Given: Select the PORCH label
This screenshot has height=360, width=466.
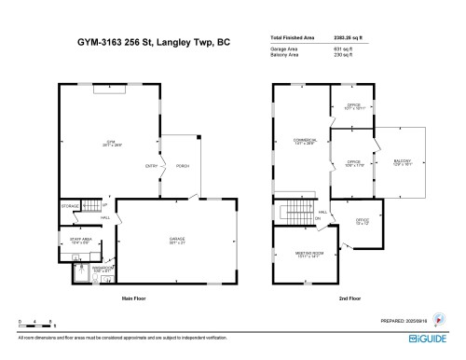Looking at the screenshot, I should coord(183,167).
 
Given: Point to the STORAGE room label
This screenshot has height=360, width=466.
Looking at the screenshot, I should coord(71,205).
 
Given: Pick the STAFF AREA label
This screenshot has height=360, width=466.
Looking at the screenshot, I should coord(79,240).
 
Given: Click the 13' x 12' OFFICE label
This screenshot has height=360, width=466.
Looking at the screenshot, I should coord(362,222).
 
